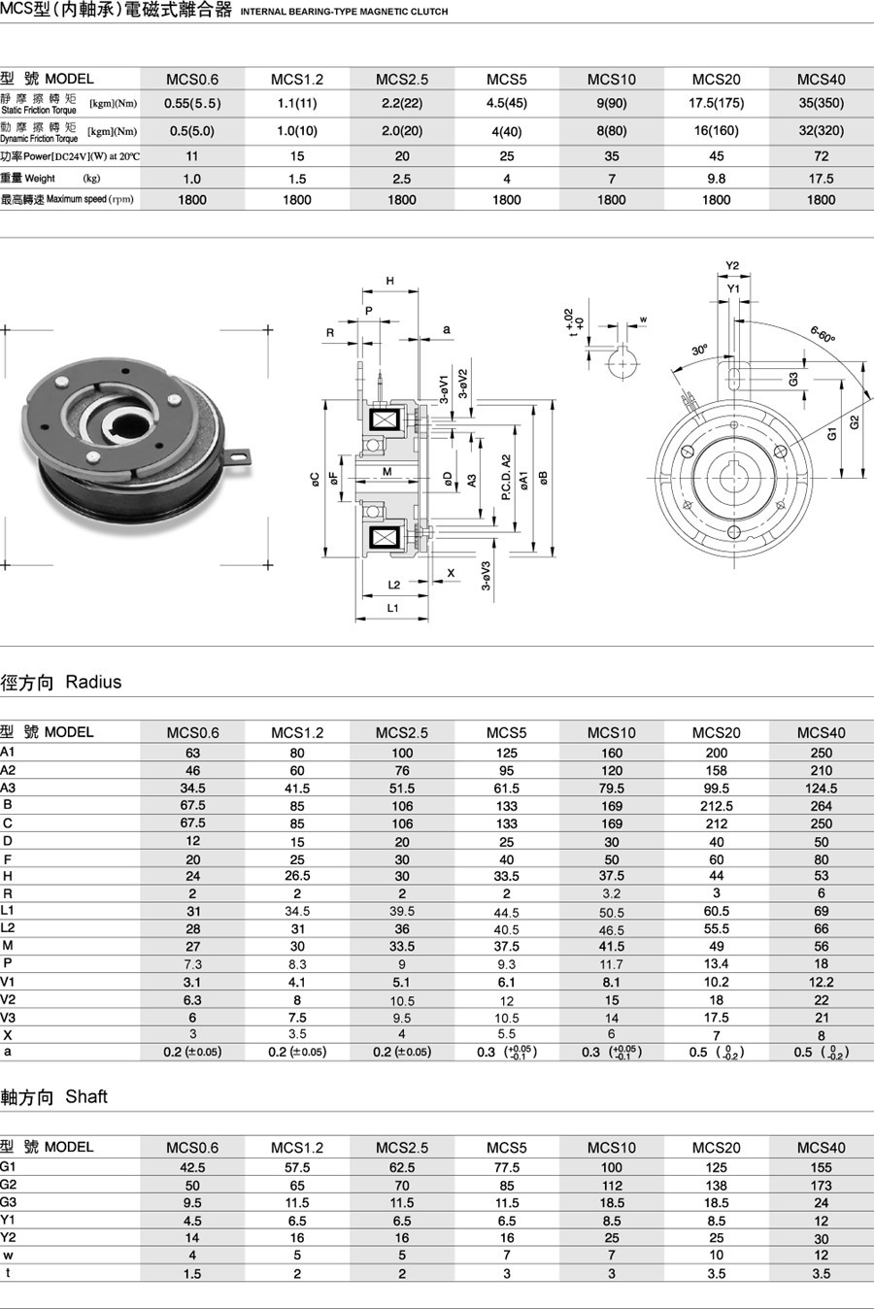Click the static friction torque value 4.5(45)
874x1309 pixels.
pos(506,103)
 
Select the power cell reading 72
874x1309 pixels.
pos(821,155)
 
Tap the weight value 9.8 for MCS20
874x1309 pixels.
pos(716,179)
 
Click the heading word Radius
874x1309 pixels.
pos(93,682)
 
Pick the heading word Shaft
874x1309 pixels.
pos(86,1096)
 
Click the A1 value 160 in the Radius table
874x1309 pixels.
pos(611,753)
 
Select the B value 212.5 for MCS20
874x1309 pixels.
pos(716,806)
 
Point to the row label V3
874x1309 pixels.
pos(8,1017)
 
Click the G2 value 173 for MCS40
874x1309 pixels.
pos(821,1185)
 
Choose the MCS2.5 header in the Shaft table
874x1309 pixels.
pos(401,1147)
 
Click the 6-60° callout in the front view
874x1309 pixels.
pos(823,335)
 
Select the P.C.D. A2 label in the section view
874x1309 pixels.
pos(506,477)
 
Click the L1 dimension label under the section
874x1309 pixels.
pos(393,608)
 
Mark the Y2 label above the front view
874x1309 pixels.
pos(732,266)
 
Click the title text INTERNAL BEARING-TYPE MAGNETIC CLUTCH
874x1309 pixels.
pos(344,12)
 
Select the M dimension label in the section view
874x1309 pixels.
pos(387,472)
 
